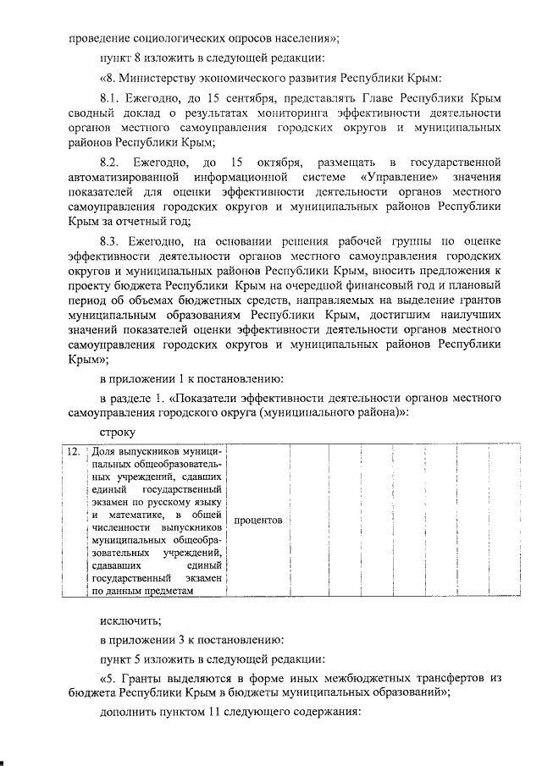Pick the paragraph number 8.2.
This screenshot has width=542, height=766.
click(x=112, y=162)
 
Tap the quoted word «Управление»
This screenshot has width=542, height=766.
click(x=399, y=177)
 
